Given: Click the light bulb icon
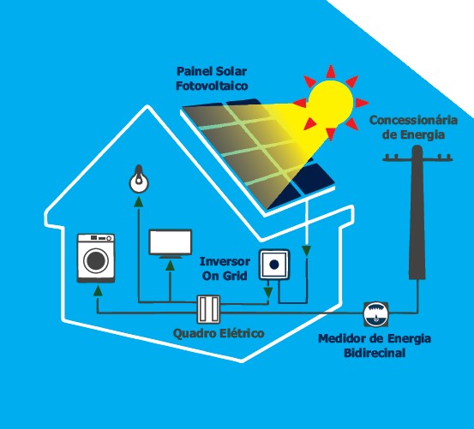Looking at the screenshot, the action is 139,179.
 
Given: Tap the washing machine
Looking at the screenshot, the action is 96,258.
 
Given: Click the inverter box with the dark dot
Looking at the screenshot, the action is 274,265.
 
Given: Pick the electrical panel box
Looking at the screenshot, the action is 208,309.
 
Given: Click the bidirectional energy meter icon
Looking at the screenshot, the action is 375,314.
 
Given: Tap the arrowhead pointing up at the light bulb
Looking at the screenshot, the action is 139,202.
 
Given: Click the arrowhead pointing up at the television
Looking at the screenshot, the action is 171,265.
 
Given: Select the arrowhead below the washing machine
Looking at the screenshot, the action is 98,290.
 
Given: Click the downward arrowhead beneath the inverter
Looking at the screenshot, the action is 267,292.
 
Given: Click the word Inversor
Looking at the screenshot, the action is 225,261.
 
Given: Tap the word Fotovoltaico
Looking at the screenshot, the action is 212,86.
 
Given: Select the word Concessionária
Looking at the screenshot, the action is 413,120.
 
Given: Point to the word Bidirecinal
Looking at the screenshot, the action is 375,353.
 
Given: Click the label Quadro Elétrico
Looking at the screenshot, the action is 219,334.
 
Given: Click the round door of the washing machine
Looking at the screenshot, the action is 96,261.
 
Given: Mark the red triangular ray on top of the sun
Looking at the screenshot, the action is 331,72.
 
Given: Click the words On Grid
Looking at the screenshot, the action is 225,276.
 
